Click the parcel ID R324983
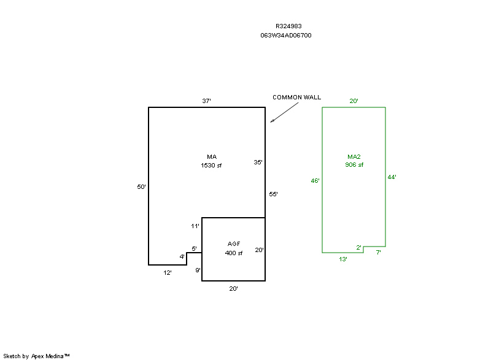click(x=288, y=26)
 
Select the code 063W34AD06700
click(x=286, y=36)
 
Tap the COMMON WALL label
click(x=297, y=98)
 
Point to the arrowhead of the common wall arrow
click(x=272, y=121)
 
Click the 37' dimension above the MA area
click(x=207, y=101)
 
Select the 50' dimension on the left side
click(x=141, y=186)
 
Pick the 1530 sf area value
click(x=211, y=166)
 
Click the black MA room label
click(x=212, y=156)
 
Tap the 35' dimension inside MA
click(x=258, y=163)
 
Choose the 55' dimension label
click(x=274, y=194)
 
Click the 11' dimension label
click(x=195, y=226)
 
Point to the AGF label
click(x=234, y=244)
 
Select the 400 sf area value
click(x=234, y=253)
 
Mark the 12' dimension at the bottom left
click(x=168, y=272)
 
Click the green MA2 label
click(x=354, y=156)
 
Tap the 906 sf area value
click(x=354, y=165)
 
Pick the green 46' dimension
click(x=315, y=181)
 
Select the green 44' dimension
click(x=392, y=177)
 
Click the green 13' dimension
click(x=343, y=259)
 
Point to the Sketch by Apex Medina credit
click(x=36, y=356)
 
